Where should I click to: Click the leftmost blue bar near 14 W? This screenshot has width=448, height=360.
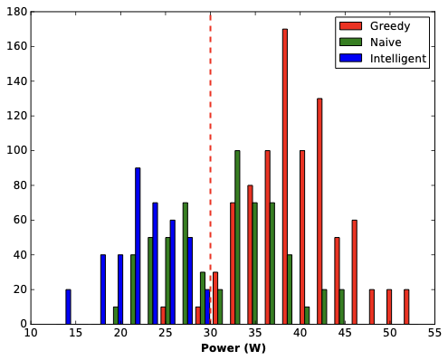(x=68, y=307)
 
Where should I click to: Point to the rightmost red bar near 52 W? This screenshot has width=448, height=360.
(x=406, y=307)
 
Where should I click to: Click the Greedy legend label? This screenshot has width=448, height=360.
(x=390, y=25)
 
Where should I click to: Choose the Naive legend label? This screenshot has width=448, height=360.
(x=386, y=42)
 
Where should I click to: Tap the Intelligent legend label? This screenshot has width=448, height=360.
(x=398, y=59)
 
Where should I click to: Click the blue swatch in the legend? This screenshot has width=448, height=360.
(x=349, y=59)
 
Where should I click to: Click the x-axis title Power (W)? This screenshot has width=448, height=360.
(x=234, y=348)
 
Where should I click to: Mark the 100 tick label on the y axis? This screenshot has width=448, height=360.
(x=17, y=150)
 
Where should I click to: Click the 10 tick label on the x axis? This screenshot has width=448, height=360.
(x=32, y=333)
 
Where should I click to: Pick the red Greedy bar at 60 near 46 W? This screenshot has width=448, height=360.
(x=354, y=271)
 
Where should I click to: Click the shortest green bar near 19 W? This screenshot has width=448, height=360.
(x=115, y=316)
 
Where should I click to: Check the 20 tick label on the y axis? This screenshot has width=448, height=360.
(x=20, y=289)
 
